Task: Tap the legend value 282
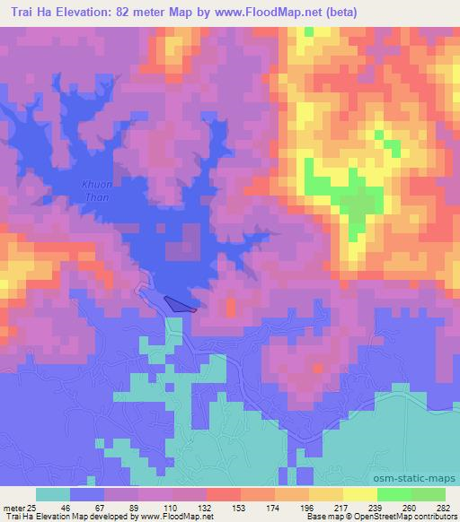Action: (441, 507)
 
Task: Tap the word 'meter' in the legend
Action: (12, 507)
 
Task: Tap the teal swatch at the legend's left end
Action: (52, 494)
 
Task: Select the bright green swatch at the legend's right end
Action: (429, 494)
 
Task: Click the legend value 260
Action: (408, 507)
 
